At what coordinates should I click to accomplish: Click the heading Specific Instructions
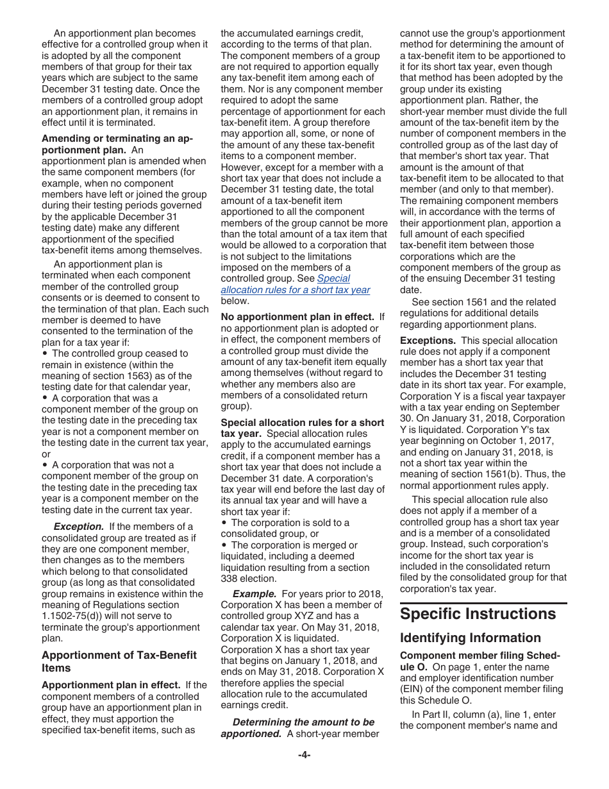pyautogui.click(x=478, y=614)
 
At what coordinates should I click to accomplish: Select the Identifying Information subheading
pyautogui.click(x=470, y=638)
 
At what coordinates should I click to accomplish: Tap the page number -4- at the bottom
pyautogui.click(x=304, y=755)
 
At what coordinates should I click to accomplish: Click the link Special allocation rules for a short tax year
pyautogui.click(x=296, y=284)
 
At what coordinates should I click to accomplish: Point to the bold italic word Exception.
pyautogui.click(x=78, y=527)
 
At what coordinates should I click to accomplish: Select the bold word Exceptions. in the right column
pyautogui.click(x=428, y=341)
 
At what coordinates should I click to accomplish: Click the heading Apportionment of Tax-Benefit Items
pyautogui.click(x=119, y=661)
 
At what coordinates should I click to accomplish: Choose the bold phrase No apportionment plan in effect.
pyautogui.click(x=297, y=317)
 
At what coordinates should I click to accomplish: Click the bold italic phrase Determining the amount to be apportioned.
pyautogui.click(x=297, y=728)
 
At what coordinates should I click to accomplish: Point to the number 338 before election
pyautogui.click(x=229, y=579)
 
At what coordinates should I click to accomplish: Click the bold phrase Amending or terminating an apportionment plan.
pyautogui.click(x=117, y=144)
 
